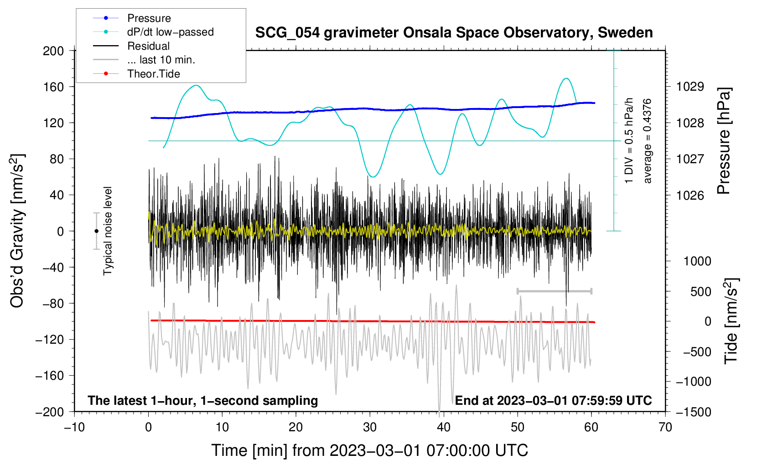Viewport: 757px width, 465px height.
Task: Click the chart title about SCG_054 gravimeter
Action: [454, 33]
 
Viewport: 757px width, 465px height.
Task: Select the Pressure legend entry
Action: [149, 18]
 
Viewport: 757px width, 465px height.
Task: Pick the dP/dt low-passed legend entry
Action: [170, 32]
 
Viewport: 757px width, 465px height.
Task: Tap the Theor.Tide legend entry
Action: [153, 74]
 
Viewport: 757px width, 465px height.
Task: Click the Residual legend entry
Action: [148, 46]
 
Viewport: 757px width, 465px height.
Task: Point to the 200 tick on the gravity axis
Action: [53, 51]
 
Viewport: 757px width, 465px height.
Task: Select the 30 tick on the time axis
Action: [370, 427]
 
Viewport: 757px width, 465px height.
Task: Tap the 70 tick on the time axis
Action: [665, 427]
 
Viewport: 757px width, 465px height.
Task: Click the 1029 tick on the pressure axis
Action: [690, 87]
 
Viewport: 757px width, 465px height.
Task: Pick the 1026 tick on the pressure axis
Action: [690, 196]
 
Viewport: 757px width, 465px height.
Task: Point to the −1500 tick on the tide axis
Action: [693, 412]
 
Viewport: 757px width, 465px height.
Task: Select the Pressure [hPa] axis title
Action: [724, 141]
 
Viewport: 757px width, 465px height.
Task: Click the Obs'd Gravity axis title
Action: [17, 231]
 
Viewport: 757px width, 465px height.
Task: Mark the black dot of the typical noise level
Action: [96, 231]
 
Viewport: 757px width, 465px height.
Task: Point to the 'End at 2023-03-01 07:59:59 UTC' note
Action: [553, 401]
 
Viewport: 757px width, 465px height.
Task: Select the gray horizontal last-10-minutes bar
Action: [554, 291]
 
